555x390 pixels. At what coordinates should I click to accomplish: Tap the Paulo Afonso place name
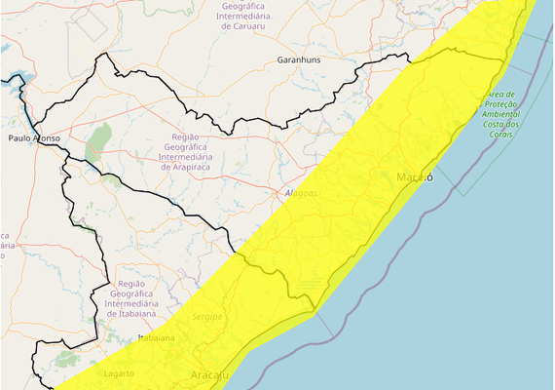(x=34, y=138)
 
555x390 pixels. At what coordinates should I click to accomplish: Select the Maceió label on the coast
(x=414, y=176)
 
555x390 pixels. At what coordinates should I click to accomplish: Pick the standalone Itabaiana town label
(x=156, y=337)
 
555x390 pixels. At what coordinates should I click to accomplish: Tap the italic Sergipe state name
(x=206, y=318)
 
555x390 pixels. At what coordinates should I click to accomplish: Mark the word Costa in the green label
(x=492, y=125)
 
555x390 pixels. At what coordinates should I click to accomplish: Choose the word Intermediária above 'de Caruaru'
(x=245, y=16)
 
